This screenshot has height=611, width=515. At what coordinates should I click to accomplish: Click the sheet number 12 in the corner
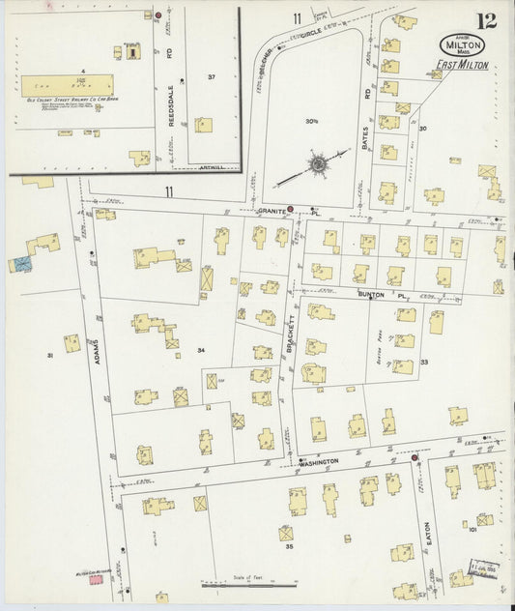(x=486, y=21)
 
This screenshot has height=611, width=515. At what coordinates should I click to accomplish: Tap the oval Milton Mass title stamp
(x=462, y=44)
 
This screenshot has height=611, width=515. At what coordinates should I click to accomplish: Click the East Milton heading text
(x=462, y=65)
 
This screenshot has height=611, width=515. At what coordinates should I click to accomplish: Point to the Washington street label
(x=318, y=462)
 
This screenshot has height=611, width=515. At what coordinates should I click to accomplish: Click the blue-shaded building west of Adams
(x=21, y=262)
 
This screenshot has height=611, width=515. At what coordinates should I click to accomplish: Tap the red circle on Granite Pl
(x=290, y=207)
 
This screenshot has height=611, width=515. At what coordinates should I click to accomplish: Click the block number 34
(x=201, y=350)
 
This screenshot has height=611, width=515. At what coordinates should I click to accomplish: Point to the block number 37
(x=211, y=75)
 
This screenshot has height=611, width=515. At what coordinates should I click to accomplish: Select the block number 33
(x=450, y=362)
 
